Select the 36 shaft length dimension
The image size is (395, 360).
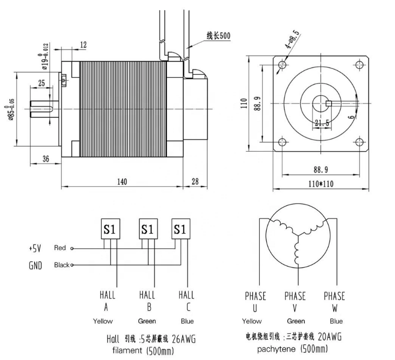click(x=45, y=159)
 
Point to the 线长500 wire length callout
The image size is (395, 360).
click(x=218, y=36)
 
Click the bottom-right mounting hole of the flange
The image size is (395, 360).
click(x=359, y=141)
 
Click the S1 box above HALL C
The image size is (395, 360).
click(x=180, y=229)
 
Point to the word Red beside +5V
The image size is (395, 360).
click(x=60, y=248)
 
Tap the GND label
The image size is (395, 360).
click(x=36, y=265)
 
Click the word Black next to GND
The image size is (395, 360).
click(x=61, y=265)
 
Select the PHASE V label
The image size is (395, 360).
click(x=295, y=301)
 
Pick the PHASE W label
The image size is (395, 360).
click(x=334, y=301)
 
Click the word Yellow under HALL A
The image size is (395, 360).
click(x=103, y=321)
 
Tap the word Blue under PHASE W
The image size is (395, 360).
click(x=336, y=321)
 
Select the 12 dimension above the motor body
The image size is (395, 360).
click(x=83, y=45)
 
